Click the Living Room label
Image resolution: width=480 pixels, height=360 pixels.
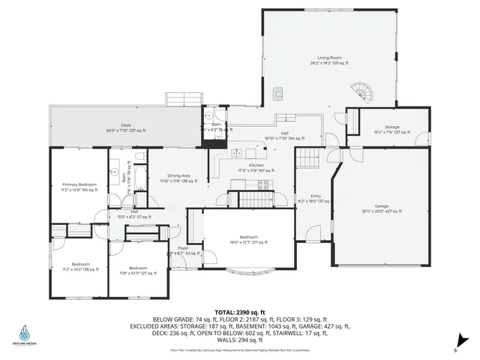coord(331,60)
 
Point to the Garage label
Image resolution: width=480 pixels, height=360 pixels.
coord(382,209)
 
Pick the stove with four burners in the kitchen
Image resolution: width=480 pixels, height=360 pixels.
coord(264,184)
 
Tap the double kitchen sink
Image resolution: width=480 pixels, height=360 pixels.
coord(235,154)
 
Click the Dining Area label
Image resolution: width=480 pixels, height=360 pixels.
coord(178,178)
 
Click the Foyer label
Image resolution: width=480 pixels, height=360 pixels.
coord(183,250)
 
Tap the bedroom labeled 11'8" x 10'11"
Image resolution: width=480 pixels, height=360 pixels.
coord(138,270)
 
